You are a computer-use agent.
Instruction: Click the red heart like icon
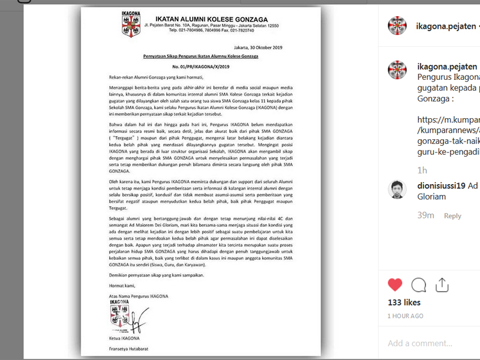[x=395, y=284]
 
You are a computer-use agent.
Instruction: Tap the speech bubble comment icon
[x=419, y=284]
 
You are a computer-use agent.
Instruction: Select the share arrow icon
[x=442, y=284]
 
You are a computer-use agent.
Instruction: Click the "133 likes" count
[x=404, y=302]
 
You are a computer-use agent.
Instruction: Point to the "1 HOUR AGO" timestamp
[x=405, y=316]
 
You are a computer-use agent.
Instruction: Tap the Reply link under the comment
[x=452, y=216]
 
